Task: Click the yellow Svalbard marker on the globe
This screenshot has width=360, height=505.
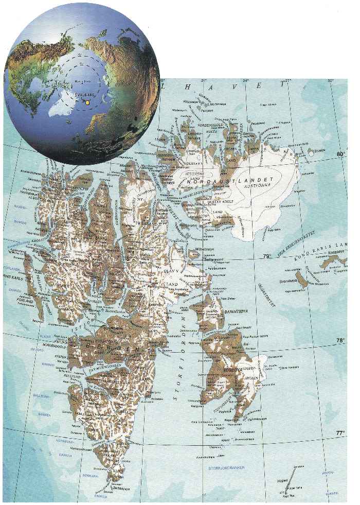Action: [87, 102]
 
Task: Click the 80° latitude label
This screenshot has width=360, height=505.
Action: [339, 154]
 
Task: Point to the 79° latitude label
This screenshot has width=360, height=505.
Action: [266, 256]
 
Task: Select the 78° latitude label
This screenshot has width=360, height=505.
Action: [339, 340]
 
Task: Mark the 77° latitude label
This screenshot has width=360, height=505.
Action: [339, 433]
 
